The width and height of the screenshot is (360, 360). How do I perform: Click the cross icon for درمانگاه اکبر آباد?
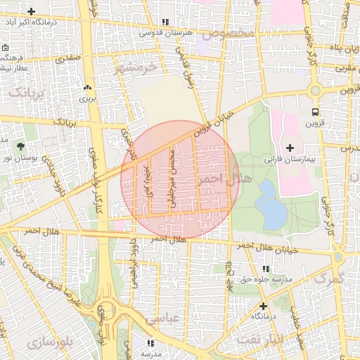click(31, 12)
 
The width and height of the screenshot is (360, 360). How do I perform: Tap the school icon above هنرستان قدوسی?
click(165, 22)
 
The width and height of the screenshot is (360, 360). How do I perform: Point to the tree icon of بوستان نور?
click(20, 147)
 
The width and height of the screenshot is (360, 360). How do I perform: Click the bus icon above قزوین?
click(315, 112)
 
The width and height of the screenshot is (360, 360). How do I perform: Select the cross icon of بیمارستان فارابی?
click(290, 148)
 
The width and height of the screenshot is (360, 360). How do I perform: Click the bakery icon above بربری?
click(87, 88)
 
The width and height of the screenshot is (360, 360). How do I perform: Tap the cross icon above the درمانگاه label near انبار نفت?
click(263, 306)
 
